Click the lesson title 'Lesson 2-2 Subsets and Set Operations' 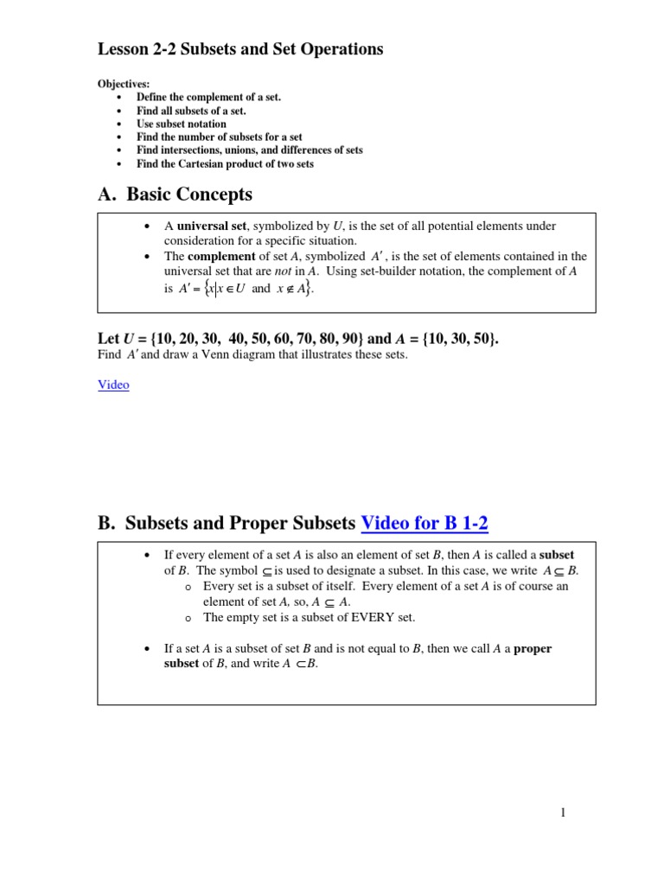pos(240,49)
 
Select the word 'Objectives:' pos(123,84)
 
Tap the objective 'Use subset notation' pos(182,124)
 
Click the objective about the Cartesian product pos(225,163)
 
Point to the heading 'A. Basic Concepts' pos(175,194)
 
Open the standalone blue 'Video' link pos(113,385)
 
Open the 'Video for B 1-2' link pos(425,523)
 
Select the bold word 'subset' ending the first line pos(558,555)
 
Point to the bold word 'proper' pos(533,649)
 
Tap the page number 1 pos(563,812)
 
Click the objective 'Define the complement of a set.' pos(208,98)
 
